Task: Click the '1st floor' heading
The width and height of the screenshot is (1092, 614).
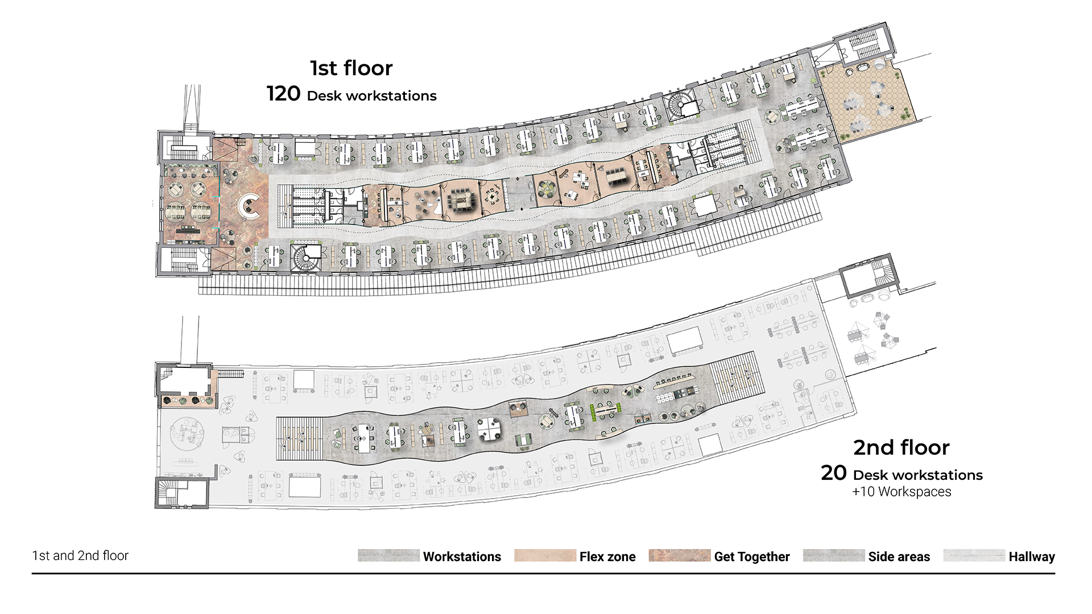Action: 351,68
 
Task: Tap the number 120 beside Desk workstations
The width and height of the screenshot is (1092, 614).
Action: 283,94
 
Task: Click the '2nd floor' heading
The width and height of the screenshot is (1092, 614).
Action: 901,448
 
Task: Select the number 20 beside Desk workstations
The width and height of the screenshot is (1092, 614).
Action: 834,473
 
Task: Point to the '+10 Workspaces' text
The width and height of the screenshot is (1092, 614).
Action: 901,492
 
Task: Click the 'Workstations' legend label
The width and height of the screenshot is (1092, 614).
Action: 462,557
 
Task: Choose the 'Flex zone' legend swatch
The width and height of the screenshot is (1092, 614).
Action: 545,555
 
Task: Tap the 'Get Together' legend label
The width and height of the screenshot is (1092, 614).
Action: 752,557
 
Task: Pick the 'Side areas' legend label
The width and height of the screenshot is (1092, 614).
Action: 899,557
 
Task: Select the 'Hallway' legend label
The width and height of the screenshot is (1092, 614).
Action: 1032,557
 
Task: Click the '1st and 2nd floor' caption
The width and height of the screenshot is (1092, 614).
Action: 80,555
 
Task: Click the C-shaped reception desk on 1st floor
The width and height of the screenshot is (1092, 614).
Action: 249,208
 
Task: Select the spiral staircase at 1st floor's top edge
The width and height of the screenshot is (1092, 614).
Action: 681,106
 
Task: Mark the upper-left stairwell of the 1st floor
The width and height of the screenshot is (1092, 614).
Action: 184,147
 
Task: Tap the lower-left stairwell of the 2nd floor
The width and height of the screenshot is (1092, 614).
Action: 181,492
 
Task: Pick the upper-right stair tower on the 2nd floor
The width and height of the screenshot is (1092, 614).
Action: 868,277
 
